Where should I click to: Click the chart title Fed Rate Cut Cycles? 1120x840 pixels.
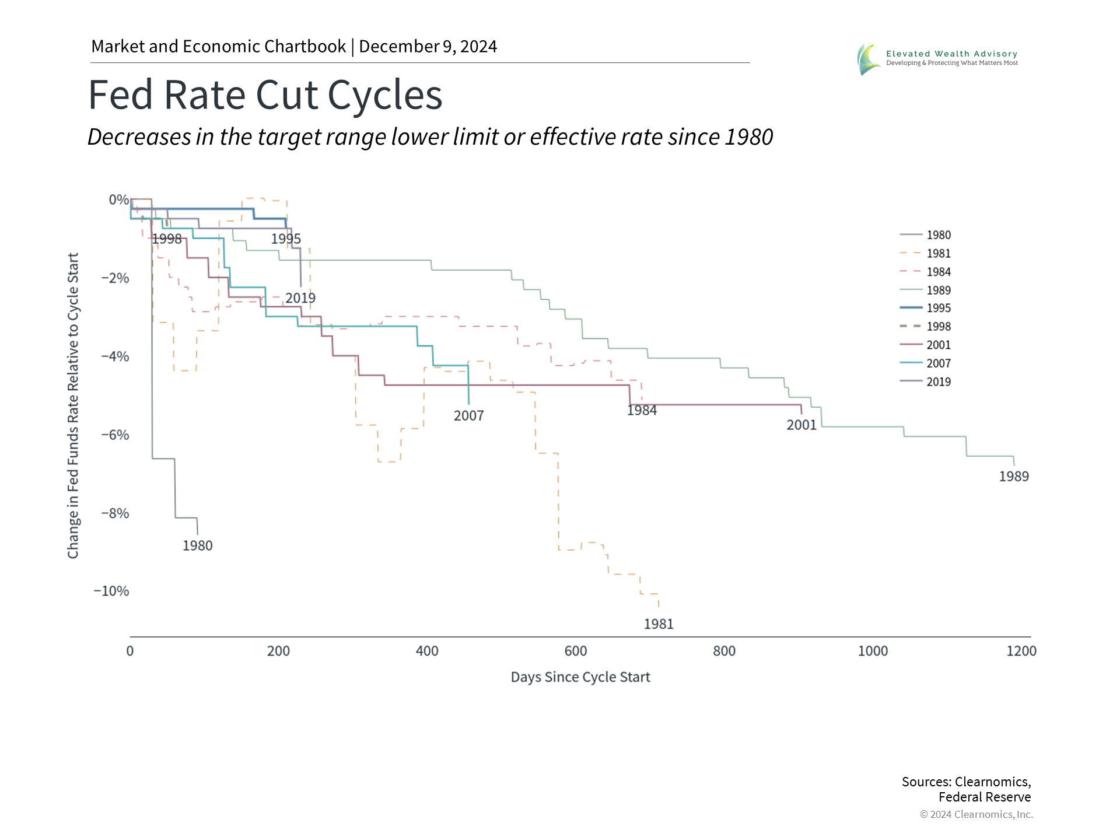point(265,94)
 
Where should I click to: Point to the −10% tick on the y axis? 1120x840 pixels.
point(111,591)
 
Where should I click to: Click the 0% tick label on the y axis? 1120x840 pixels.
point(118,200)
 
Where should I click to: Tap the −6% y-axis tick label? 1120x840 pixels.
point(115,435)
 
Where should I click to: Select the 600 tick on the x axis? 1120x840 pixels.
point(576,651)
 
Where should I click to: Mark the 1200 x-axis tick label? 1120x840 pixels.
point(1021,651)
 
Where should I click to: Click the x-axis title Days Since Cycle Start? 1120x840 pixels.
point(580,677)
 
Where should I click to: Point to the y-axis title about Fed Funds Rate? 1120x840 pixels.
point(73,405)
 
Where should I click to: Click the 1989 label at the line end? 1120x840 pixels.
point(1013,477)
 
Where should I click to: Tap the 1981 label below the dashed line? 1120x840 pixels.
point(658,624)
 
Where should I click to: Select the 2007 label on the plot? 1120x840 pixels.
point(468,416)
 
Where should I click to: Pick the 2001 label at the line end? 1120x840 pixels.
point(801,425)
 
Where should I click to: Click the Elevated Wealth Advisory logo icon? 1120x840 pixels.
point(868,60)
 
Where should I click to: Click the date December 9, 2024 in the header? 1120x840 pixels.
point(428,47)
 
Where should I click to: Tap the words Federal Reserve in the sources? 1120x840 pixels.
point(984,797)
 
